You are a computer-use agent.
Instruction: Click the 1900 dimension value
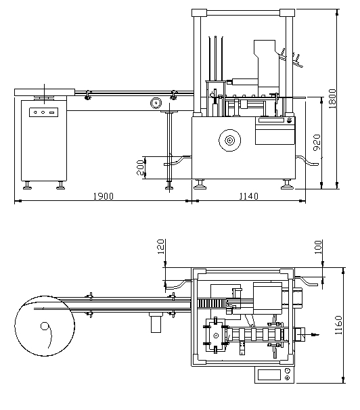coord(104,196)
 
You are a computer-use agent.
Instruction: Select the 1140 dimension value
coord(249,196)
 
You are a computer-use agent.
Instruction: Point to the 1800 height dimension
coord(332,99)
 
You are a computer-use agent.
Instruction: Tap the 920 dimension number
coord(317,142)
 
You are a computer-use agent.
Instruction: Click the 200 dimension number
coord(140,167)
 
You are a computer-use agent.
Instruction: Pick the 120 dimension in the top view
coord(161,246)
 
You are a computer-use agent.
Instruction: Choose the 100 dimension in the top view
coord(318,247)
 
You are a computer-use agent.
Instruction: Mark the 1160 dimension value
coord(338,325)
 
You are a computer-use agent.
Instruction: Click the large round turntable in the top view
coord(45,326)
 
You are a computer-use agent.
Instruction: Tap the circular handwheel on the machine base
coord(229,140)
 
